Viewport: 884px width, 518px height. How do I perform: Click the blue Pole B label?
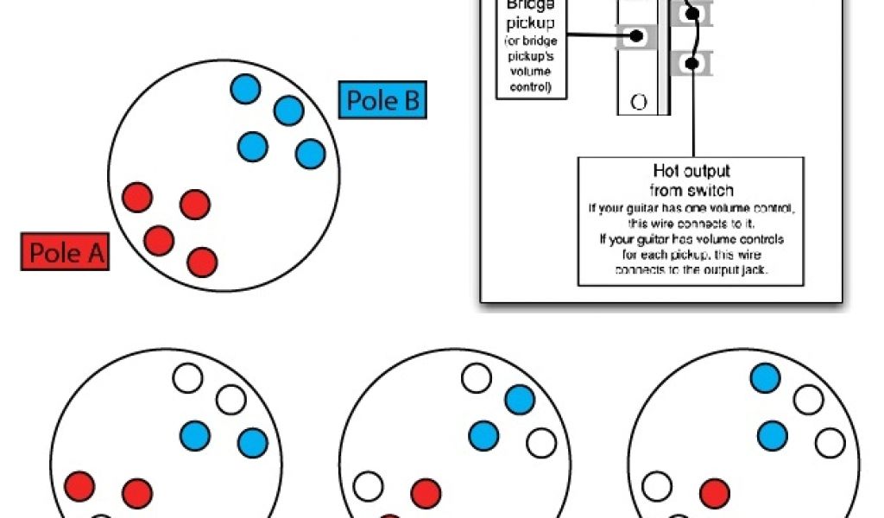point(382,101)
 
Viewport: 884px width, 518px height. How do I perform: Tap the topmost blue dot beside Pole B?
point(245,88)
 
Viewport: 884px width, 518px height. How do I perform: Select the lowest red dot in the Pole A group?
point(202,261)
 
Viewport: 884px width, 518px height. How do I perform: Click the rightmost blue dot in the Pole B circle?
point(310,154)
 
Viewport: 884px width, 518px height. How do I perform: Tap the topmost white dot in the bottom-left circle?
point(187,378)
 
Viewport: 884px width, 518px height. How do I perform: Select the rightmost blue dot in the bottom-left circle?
point(253,442)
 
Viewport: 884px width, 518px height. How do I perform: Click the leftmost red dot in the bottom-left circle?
point(79,485)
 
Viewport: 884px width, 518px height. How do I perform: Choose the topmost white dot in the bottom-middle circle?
point(477,378)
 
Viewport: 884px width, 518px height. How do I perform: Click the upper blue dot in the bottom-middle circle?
point(520,399)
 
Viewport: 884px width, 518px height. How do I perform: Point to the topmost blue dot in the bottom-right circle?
point(766,378)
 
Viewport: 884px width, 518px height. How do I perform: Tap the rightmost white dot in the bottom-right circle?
point(830,442)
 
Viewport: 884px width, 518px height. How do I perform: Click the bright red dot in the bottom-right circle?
point(714,493)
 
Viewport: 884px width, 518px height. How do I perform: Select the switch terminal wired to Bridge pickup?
point(637,36)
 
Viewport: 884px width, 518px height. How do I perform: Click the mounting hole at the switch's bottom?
point(639,102)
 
